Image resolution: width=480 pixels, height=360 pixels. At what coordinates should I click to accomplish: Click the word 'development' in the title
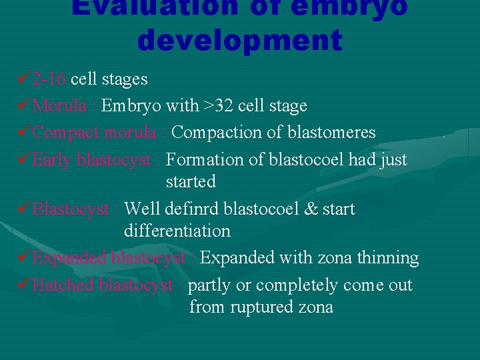tap(239, 40)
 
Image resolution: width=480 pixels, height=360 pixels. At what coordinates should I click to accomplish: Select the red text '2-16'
tap(49, 79)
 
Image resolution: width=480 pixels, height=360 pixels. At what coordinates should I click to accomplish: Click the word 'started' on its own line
tap(191, 182)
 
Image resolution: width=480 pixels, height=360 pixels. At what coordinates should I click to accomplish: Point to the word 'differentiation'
tap(177, 231)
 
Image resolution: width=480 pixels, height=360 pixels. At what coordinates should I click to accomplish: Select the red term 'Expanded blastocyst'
tap(109, 258)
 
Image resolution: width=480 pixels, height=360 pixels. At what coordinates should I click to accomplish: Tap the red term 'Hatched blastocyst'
tap(103, 285)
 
